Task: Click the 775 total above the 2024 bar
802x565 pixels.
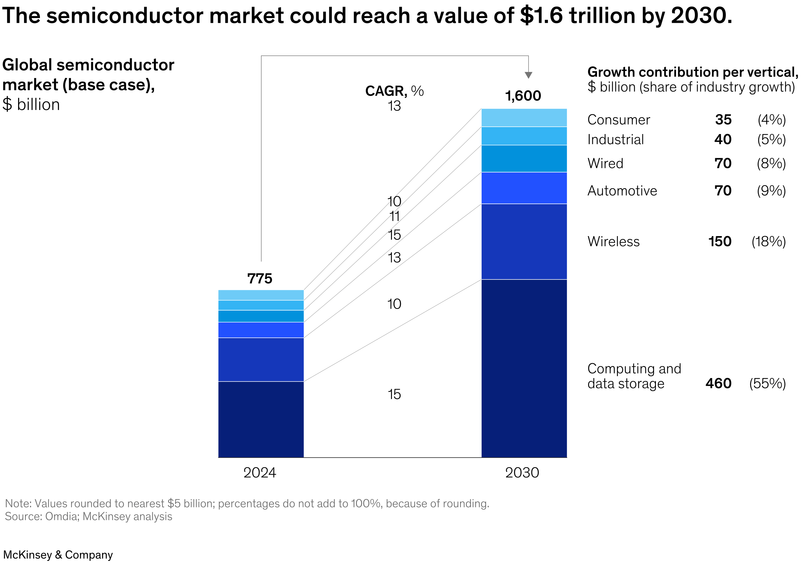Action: tap(260, 279)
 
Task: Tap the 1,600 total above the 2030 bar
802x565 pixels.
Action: tap(523, 96)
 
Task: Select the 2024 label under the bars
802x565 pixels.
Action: tap(260, 473)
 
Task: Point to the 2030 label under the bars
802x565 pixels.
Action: tap(522, 473)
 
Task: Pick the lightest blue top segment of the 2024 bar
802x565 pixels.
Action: tap(261, 295)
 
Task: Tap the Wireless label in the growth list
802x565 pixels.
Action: tap(613, 241)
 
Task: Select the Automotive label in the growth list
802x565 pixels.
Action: tap(622, 191)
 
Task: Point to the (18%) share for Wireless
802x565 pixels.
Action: tap(768, 241)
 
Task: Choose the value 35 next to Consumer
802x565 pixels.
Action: tap(723, 119)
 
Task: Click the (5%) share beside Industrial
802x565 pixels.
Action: tap(771, 139)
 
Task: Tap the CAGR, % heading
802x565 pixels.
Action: tap(395, 91)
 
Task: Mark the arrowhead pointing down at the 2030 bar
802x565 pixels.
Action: tap(529, 75)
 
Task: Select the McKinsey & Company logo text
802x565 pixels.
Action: tap(58, 555)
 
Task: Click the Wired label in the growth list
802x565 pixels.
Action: tap(605, 164)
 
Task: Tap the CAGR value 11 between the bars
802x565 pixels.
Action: tap(395, 217)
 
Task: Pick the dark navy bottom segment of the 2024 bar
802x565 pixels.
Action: tap(261, 419)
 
